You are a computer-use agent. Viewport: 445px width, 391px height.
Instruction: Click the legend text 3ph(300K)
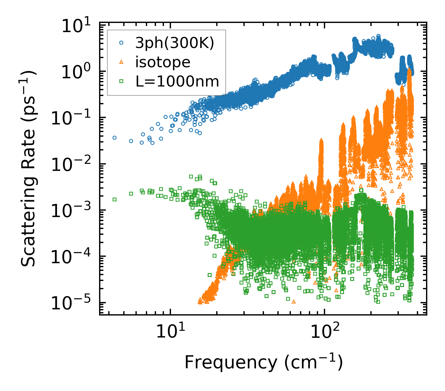(175, 44)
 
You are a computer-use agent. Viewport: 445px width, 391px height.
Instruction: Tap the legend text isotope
(163, 62)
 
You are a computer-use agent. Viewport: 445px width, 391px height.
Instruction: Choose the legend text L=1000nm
(177, 81)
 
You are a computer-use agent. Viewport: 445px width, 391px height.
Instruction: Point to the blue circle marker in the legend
(121, 43)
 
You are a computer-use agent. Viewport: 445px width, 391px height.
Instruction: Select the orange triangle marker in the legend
(121, 62)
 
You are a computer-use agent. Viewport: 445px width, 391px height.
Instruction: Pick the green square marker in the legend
(121, 81)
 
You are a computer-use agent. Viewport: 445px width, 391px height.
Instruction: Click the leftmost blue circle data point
(114, 138)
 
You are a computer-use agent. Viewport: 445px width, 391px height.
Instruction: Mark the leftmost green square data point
(114, 199)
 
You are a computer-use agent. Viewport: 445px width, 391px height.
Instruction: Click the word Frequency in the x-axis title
(230, 363)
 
